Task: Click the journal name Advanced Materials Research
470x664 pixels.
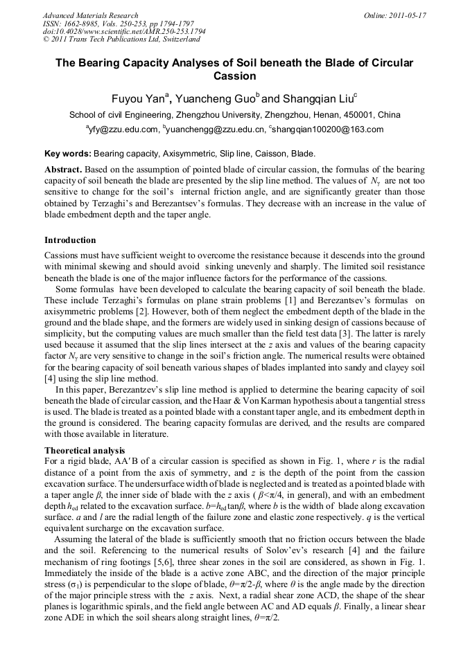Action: tap(90, 15)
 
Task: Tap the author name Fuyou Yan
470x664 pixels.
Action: tap(139, 99)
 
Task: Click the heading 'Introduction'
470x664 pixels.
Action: tap(70, 240)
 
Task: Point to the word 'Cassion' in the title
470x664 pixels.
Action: tap(234, 76)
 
